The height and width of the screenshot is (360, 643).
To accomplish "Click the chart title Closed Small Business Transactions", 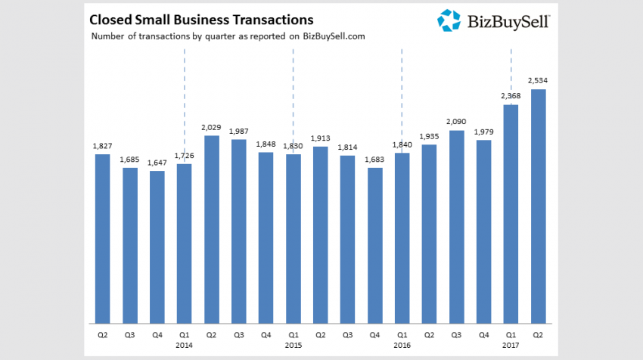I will point(201,18).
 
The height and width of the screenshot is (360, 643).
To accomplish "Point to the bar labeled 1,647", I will point(157,247).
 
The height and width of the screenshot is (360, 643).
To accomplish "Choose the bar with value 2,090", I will point(457,226).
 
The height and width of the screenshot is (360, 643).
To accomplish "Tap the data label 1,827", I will point(102,145).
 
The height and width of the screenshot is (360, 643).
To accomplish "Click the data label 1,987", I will point(238,131).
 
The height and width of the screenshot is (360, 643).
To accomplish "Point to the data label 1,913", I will point(321,138).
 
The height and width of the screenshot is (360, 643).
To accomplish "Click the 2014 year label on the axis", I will point(184,346).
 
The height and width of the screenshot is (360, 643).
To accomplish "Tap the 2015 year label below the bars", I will point(294,346).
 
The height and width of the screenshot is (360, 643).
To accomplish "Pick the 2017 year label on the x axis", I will point(511,346).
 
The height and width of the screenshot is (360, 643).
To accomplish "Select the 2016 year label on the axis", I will point(402,346).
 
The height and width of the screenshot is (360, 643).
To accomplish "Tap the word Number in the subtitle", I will point(109,36).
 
